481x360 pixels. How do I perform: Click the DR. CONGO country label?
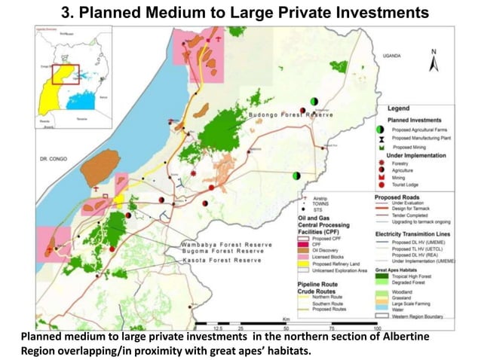pyautogui.click(x=54, y=160)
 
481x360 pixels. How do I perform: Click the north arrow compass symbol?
pyautogui.click(x=433, y=61)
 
